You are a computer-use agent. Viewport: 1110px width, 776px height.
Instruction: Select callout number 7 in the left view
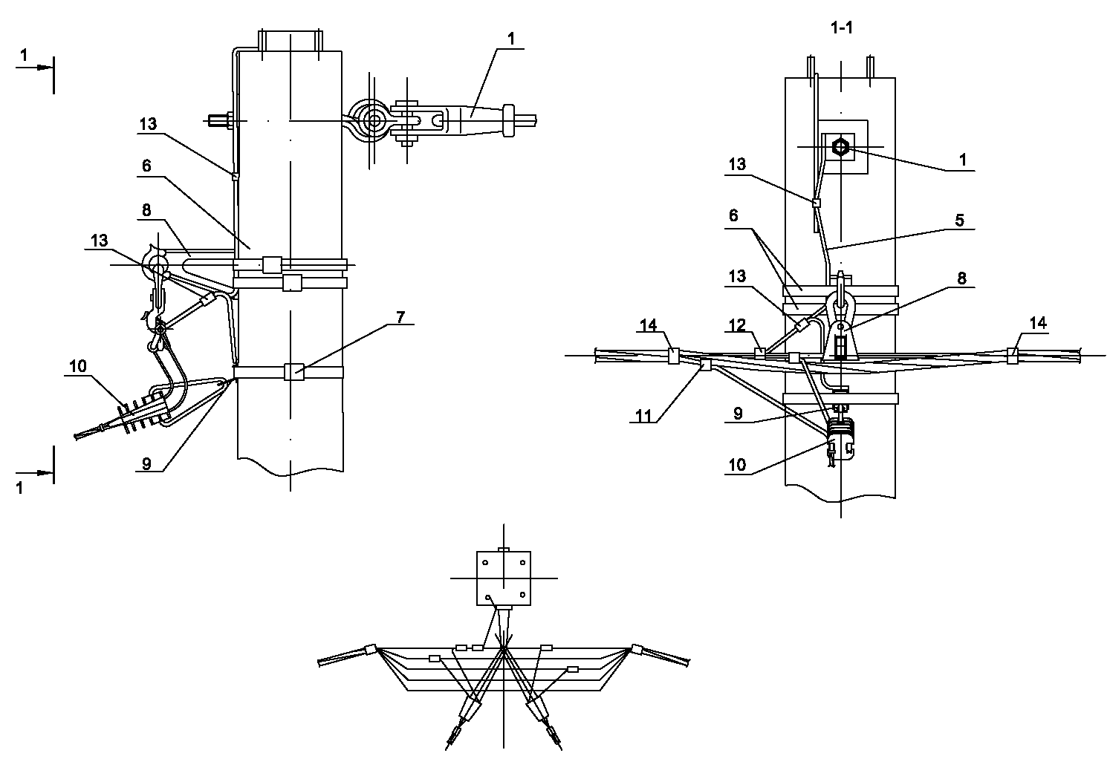tap(400, 316)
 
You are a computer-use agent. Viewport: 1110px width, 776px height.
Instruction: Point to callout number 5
tap(959, 220)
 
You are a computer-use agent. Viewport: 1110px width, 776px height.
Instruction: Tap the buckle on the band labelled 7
tap(293, 371)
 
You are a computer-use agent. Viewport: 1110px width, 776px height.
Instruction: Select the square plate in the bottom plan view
tap(504, 579)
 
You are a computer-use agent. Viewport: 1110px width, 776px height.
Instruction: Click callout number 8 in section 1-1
tap(962, 279)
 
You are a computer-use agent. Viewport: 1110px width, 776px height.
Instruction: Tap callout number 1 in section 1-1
tap(963, 160)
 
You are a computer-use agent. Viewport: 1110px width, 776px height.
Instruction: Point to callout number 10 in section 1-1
tap(738, 466)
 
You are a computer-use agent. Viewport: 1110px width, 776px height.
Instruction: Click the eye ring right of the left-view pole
tap(370, 119)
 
